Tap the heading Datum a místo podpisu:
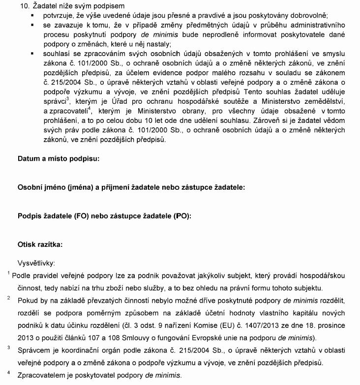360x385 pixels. pos(59,159)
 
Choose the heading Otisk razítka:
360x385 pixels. pos(40,244)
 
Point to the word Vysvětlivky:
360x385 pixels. pos(36,263)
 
